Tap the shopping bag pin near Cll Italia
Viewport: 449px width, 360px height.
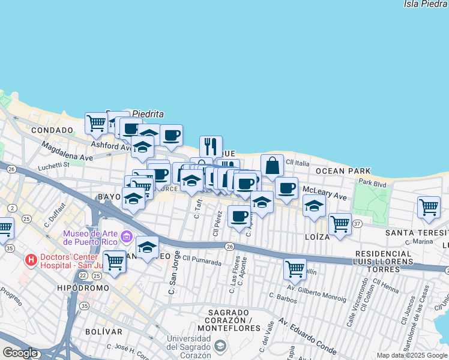coord(272,166)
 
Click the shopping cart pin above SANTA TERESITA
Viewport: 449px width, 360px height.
coord(429,207)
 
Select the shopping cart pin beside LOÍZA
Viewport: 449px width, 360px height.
coord(340,223)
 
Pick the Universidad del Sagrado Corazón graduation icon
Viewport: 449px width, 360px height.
coord(221,346)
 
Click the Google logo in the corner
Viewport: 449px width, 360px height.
coord(20,353)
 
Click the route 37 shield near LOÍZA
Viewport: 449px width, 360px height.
coord(358,224)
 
